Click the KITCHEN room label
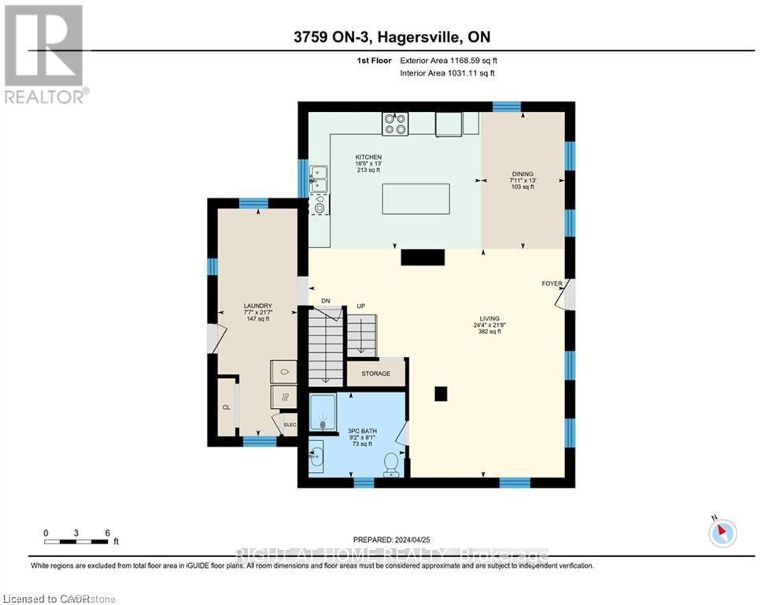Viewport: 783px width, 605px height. click(x=367, y=158)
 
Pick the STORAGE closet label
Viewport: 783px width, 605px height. click(x=376, y=373)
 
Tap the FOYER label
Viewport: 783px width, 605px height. click(x=551, y=284)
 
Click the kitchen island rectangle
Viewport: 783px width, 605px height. click(x=416, y=199)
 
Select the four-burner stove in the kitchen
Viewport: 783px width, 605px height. click(x=395, y=123)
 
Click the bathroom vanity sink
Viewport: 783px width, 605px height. click(x=316, y=455)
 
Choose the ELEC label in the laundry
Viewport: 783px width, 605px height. click(x=289, y=425)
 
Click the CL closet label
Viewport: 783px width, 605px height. click(x=226, y=407)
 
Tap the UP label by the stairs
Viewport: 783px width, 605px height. click(x=362, y=306)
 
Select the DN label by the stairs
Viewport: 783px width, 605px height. click(x=327, y=301)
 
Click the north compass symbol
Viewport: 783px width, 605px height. click(x=722, y=533)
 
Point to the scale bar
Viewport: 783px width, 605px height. click(x=76, y=540)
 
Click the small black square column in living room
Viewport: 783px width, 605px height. click(x=441, y=394)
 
